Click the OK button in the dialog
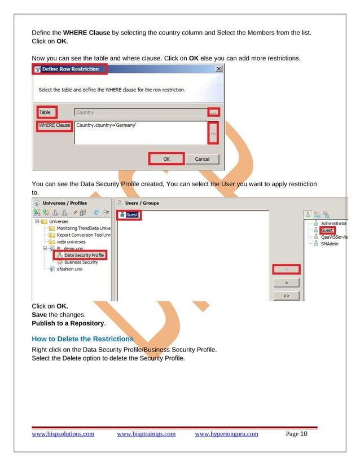[166, 159]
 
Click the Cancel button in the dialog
[202, 159]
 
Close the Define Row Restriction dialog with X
[218, 69]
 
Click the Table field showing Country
[139, 112]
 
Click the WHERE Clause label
[55, 125]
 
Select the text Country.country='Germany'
[107, 125]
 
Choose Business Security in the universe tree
[81, 262]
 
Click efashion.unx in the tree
[69, 269]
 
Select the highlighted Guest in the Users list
[132, 215]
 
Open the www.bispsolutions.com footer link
[63, 434]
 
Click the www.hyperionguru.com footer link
[226, 434]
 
